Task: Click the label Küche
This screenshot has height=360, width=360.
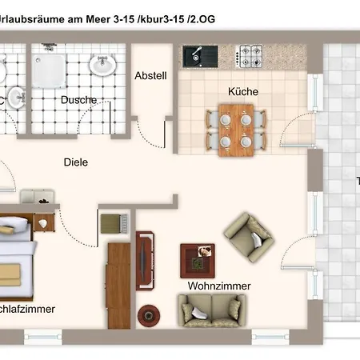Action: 242,92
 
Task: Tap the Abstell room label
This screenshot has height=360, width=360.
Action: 150,77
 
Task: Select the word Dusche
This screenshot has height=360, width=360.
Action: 78,100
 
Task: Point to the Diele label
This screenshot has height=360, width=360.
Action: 76,162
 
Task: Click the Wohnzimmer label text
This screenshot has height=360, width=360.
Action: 219,286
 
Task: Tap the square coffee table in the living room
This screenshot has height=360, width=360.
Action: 198,258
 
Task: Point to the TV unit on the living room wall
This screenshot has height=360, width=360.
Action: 145,259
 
